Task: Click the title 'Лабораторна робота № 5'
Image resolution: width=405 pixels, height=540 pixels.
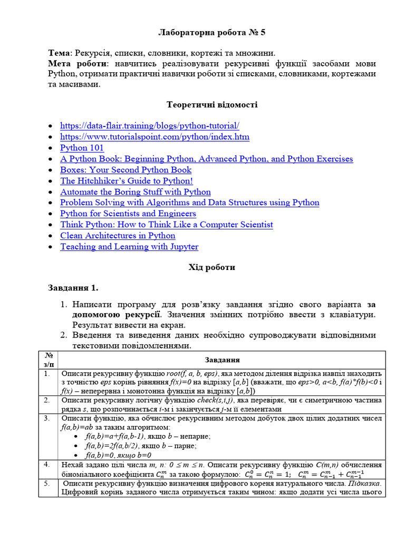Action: pyautogui.click(x=212, y=33)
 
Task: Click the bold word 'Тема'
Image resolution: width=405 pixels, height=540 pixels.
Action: pyautogui.click(x=60, y=53)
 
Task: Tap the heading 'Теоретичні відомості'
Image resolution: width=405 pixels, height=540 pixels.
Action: pyautogui.click(x=212, y=105)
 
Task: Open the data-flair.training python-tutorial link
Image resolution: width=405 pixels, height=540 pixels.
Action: pyautogui.click(x=150, y=126)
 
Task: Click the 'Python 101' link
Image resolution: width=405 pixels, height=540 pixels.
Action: pyautogui.click(x=82, y=148)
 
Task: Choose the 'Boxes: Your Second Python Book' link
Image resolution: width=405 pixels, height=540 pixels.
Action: pyautogui.click(x=126, y=170)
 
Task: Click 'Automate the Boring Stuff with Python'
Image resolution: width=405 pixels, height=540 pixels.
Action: pyautogui.click(x=135, y=192)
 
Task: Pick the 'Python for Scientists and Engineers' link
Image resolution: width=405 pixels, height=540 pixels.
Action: pyautogui.click(x=128, y=214)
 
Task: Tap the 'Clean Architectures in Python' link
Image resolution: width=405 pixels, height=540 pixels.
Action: pyautogui.click(x=118, y=236)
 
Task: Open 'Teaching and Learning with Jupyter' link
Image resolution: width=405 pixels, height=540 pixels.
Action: pyautogui.click(x=129, y=247)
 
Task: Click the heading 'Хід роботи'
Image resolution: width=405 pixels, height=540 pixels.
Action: pyautogui.click(x=212, y=267)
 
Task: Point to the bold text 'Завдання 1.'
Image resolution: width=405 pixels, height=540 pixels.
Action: pyautogui.click(x=73, y=288)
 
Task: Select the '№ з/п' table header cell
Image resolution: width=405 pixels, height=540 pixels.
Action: pyautogui.click(x=48, y=360)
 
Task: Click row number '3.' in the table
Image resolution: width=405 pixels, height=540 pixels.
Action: pyautogui.click(x=47, y=418)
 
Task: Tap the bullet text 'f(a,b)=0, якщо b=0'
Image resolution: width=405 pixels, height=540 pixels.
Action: pyautogui.click(x=118, y=455)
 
